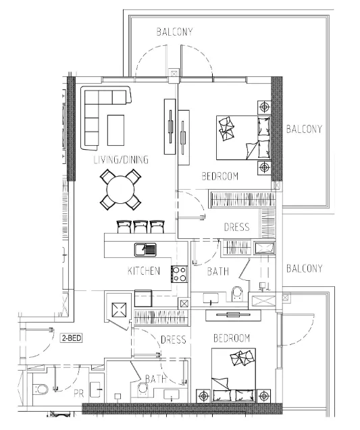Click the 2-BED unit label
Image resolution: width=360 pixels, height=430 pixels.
72,338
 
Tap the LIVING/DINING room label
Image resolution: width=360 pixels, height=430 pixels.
121,159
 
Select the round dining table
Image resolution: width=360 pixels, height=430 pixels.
120,190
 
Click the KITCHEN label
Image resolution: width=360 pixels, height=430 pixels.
144,271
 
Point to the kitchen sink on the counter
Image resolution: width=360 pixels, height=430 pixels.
145,250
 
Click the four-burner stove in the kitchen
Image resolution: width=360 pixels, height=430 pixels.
180,274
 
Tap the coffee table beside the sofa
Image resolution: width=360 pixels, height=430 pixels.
115,130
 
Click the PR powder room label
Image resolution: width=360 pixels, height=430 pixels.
79,394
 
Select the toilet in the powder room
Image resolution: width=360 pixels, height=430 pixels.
41,389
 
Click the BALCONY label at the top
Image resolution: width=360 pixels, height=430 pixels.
174,32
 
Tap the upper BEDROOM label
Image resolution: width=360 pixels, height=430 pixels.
220,176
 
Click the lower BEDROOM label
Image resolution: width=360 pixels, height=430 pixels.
232,338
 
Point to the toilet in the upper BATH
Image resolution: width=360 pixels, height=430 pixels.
237,294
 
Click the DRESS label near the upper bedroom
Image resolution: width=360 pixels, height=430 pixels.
237,227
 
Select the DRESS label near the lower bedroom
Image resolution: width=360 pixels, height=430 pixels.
174,340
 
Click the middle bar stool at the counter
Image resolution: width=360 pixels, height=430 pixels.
140,227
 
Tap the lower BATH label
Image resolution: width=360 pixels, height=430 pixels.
156,379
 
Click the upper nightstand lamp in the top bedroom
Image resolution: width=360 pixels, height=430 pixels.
264,107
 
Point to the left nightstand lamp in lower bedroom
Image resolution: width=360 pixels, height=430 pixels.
203,396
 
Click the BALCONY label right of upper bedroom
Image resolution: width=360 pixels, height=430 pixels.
305,129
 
